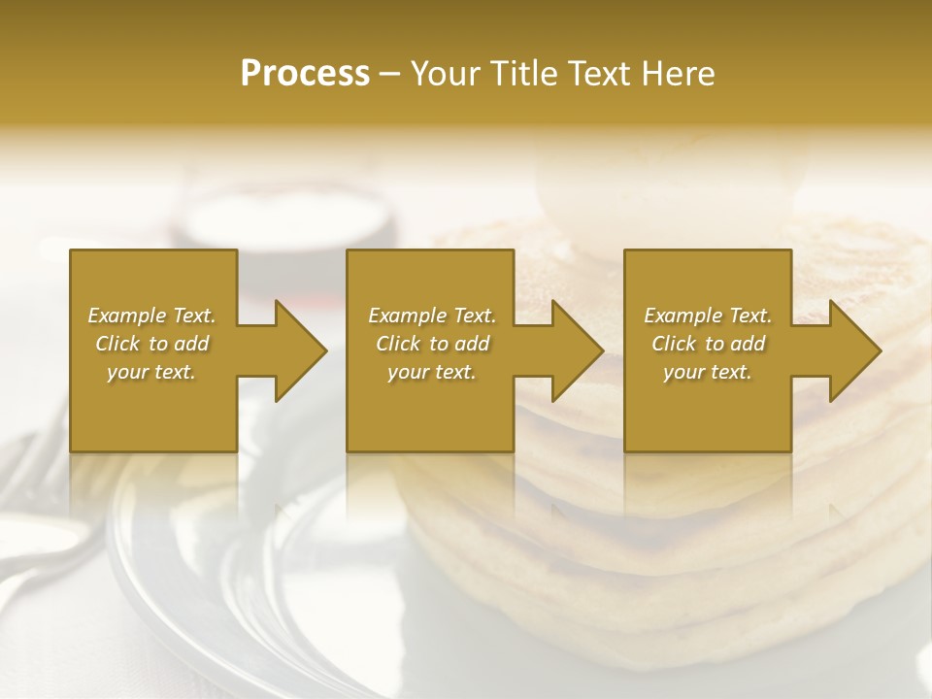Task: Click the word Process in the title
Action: (x=305, y=74)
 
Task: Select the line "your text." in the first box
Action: (x=151, y=372)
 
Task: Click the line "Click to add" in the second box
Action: (x=432, y=344)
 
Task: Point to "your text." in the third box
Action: (x=708, y=372)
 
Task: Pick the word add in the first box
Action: (x=192, y=344)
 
